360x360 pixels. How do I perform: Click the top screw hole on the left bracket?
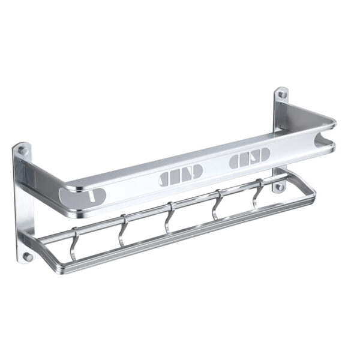coord(22,151)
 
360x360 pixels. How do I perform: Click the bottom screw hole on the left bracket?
coord(27,256)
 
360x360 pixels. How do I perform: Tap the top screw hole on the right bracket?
coord(280,95)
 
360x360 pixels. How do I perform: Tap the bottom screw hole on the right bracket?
coord(278,187)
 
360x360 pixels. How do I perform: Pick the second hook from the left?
coord(122,230)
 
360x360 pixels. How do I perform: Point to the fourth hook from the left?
coord(217,204)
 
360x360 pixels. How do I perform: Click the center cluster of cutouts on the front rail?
coord(181,175)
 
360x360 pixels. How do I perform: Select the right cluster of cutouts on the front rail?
coord(250,159)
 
